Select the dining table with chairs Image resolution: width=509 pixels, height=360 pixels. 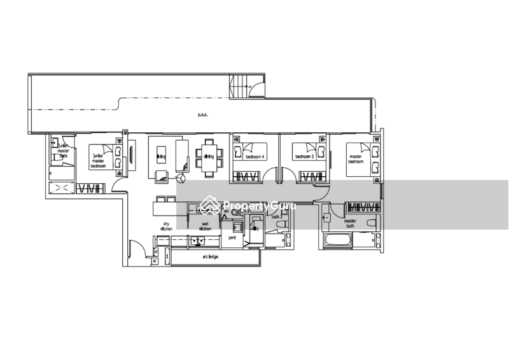(209, 155)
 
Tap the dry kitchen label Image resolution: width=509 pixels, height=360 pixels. (167, 224)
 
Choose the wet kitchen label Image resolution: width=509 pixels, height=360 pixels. (205, 226)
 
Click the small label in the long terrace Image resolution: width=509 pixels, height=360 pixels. (202, 115)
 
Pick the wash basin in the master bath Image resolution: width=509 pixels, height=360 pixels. (326, 218)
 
